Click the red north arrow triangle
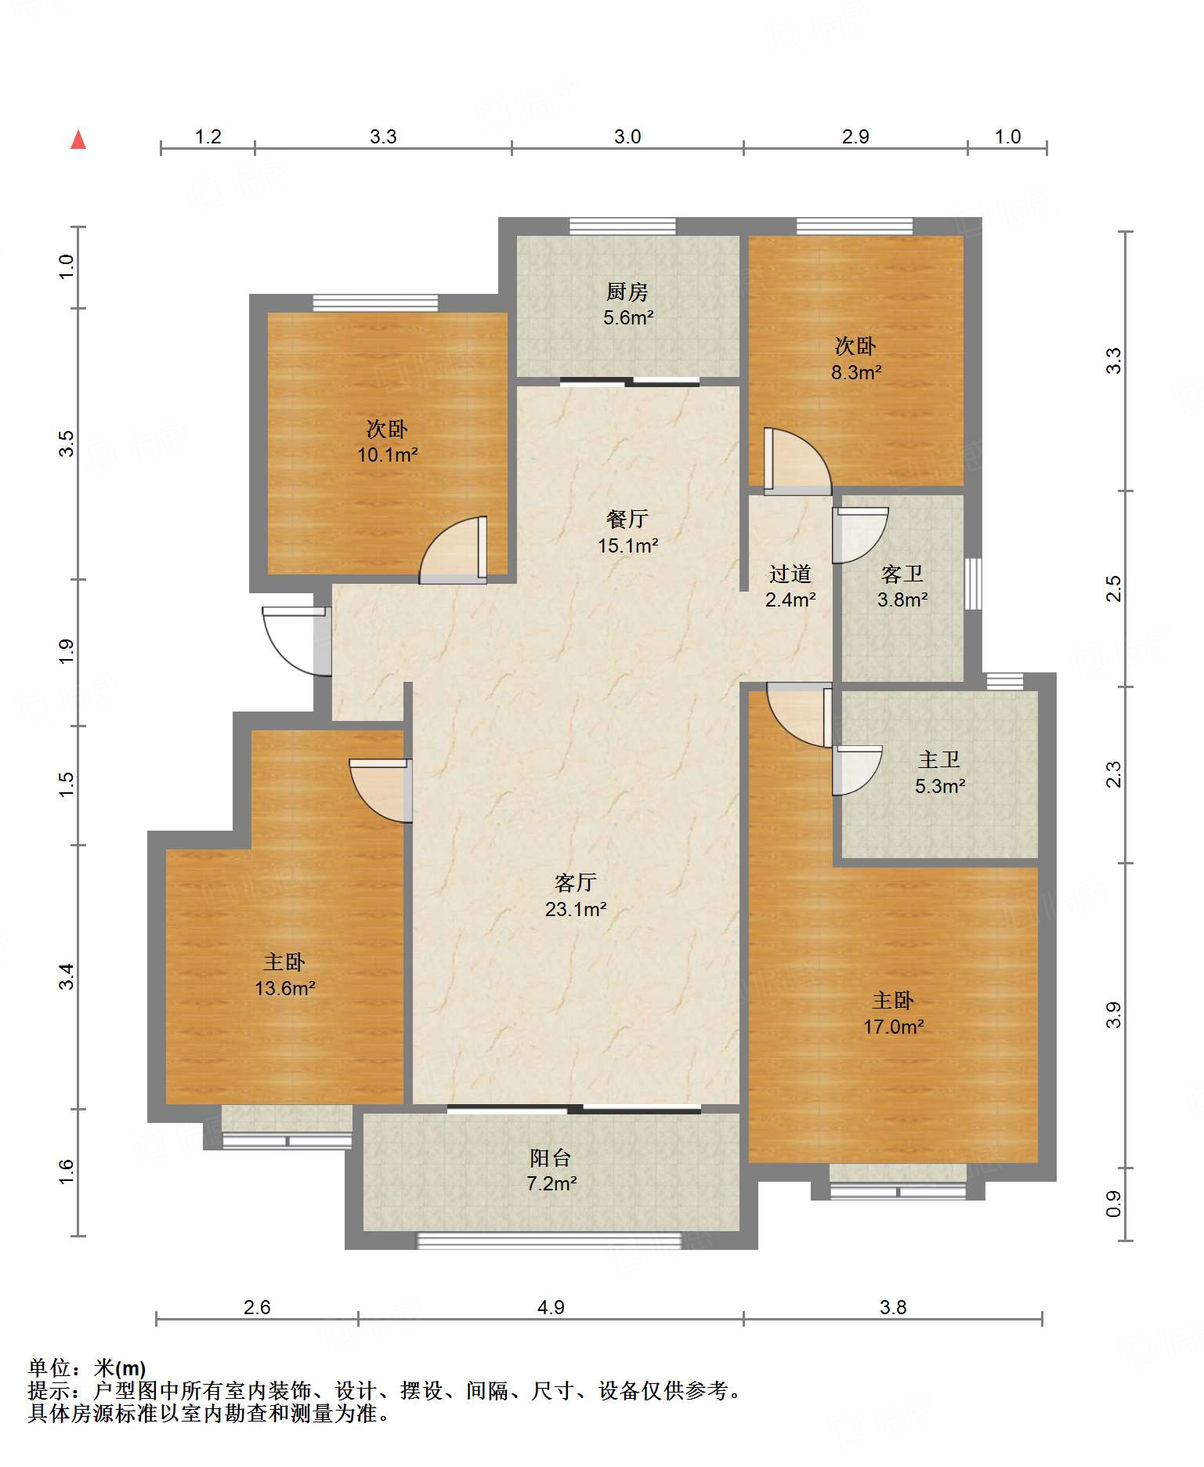point(78,139)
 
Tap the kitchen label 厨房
point(627,292)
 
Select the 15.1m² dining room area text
point(627,545)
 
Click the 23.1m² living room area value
point(576,909)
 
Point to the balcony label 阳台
point(551,1157)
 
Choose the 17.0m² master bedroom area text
point(893,1027)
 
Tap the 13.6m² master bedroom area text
point(284,988)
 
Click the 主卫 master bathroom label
point(939,759)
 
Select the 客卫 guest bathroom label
point(902,574)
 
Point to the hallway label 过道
point(790,574)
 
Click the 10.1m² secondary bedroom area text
point(387,455)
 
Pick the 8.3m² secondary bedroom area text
point(856,372)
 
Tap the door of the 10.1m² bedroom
point(454,549)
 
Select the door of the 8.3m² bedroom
point(797,461)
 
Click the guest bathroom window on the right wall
point(973,584)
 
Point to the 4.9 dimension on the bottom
point(551,1307)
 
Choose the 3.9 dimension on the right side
point(1113,1016)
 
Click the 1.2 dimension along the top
point(208,136)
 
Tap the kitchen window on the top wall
point(623,226)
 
